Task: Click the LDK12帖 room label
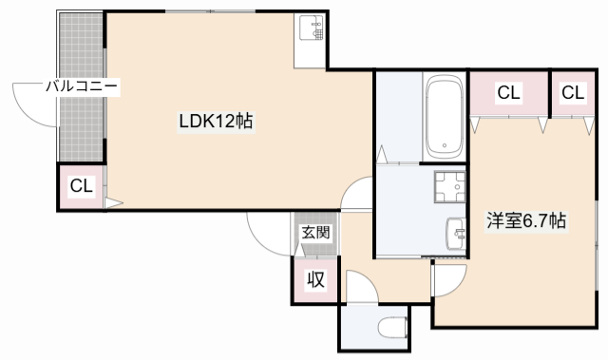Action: point(216,122)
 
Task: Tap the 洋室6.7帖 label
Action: point(526,221)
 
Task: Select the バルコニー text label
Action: point(82,86)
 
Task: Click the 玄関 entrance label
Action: point(315,233)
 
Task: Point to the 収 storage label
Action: point(315,279)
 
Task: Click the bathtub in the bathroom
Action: point(445,116)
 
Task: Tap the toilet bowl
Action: point(392,328)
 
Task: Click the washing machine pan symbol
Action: point(449,187)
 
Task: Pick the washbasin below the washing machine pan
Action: point(456,234)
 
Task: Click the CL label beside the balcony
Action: point(82,186)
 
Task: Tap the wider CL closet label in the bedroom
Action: point(508,93)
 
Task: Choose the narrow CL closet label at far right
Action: point(573,93)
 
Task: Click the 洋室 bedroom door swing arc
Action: point(457,286)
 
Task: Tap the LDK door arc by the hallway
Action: point(349,186)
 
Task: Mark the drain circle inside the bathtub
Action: point(445,145)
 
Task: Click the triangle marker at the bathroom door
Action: point(382,155)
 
